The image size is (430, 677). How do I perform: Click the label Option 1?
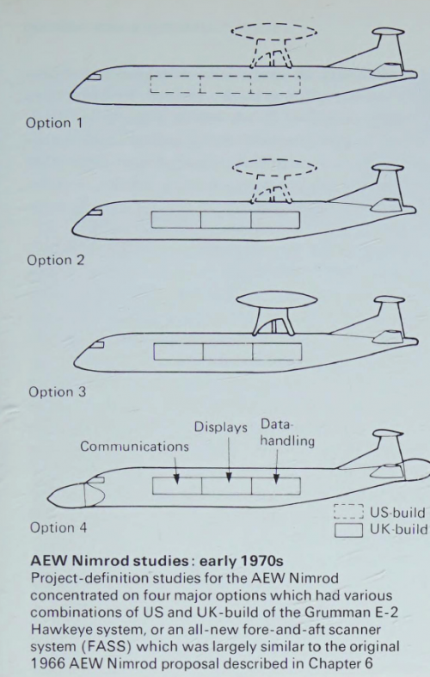point(54,123)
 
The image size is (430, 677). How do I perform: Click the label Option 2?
point(56,260)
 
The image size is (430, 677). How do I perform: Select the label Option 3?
point(57,392)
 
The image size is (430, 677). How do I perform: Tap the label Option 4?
point(58,527)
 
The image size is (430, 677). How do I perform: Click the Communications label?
point(134,446)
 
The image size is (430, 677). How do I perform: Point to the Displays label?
point(221,427)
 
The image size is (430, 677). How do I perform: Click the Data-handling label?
point(287,433)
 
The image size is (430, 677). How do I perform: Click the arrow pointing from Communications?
point(175,470)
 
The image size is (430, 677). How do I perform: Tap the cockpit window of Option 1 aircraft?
point(94,77)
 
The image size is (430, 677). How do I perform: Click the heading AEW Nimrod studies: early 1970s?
point(157,561)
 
